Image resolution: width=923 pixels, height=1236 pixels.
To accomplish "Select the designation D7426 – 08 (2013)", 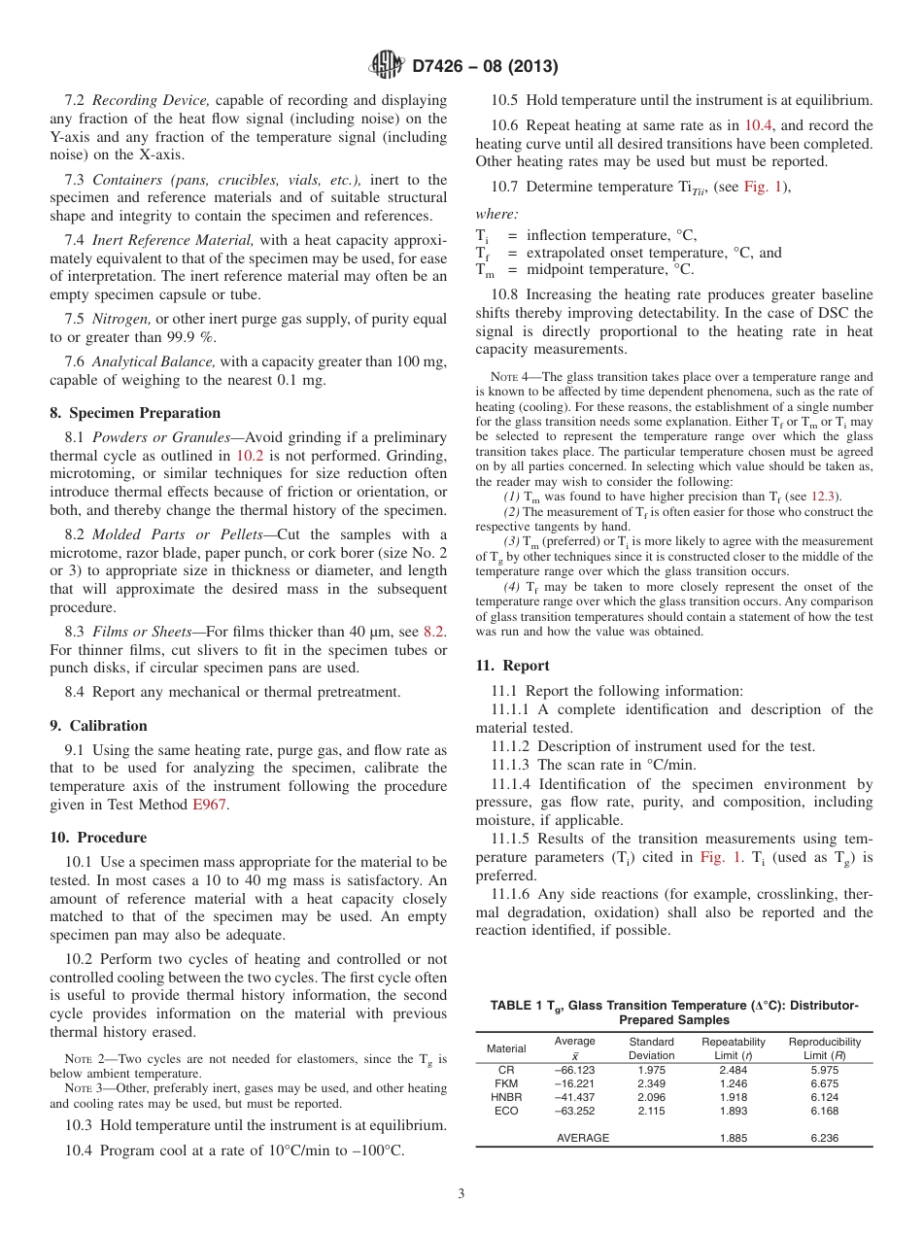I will tap(485, 67).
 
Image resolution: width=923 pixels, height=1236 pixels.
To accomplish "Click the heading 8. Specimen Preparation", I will tap(135, 413).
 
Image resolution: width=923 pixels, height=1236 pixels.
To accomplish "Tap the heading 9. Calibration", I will tap(99, 726).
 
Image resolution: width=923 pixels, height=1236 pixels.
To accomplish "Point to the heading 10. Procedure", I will tap(98, 838).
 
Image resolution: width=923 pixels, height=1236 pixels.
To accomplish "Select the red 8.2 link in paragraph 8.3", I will tap(433, 632).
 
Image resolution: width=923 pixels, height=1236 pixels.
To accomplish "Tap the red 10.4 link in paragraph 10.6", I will tap(758, 125).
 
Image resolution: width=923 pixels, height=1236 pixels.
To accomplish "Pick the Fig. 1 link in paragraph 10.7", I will tap(761, 188).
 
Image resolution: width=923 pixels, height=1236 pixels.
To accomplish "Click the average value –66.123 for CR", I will tap(574, 1070).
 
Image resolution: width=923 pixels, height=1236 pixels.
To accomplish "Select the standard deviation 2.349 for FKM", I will tap(651, 1083).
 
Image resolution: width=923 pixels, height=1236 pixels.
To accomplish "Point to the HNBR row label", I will tap(506, 1097).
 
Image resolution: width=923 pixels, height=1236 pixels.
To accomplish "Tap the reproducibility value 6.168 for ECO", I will tap(824, 1111).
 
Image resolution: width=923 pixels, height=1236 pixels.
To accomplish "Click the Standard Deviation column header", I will tap(651, 1048).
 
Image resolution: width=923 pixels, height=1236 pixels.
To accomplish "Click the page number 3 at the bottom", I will tap(461, 1194).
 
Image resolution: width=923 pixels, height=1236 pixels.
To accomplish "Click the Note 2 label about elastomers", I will tap(86, 1058).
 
